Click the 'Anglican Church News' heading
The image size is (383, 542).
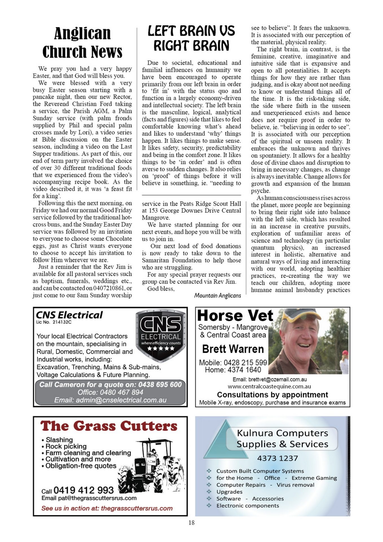[x=82, y=42]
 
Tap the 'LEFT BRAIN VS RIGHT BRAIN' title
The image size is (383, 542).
[x=191, y=38]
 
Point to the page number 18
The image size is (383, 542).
[x=191, y=523]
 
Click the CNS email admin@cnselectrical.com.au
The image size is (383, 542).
[x=110, y=400]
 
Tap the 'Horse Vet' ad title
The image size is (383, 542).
[x=235, y=316]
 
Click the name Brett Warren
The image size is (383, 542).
[x=233, y=349]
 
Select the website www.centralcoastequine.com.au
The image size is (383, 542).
[x=269, y=386]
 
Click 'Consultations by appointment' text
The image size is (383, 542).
[x=272, y=394]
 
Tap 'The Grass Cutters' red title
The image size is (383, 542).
[x=109, y=426]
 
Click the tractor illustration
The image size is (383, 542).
[x=152, y=466]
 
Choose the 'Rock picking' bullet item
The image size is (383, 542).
[x=66, y=446]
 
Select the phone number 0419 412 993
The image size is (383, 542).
[x=83, y=490]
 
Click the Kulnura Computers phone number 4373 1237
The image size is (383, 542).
[x=277, y=458]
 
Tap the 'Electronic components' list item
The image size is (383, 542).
[x=248, y=506]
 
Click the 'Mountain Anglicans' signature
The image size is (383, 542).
[x=217, y=296]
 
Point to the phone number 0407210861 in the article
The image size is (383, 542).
[x=109, y=288]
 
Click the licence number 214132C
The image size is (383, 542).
[x=62, y=322]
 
